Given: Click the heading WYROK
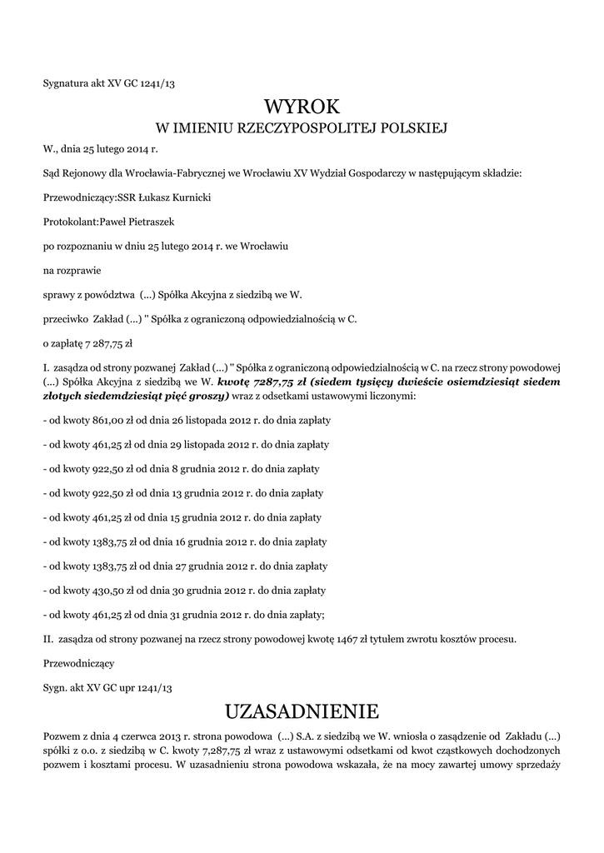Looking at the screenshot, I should pos(302,107).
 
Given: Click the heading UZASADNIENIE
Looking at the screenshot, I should pos(302,711).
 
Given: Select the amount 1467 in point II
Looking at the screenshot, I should pos(348,640).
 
